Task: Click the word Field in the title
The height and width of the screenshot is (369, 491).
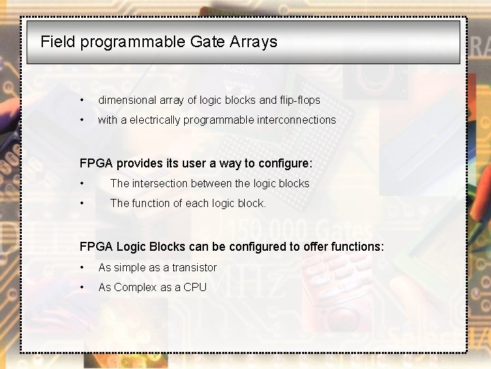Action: point(58,42)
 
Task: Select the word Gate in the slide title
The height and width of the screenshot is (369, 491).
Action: point(207,42)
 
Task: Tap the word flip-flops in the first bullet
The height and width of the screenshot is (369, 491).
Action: point(299,100)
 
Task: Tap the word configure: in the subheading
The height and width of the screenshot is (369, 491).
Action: point(283,163)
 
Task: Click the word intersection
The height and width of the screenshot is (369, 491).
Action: point(159,183)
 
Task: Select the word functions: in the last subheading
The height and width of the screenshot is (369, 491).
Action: point(357,246)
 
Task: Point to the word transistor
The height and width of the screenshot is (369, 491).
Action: point(194,267)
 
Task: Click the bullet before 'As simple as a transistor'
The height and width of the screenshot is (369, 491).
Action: point(82,268)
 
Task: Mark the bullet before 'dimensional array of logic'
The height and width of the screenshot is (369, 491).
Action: point(82,100)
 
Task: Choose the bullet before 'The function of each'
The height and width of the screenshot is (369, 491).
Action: point(82,204)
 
